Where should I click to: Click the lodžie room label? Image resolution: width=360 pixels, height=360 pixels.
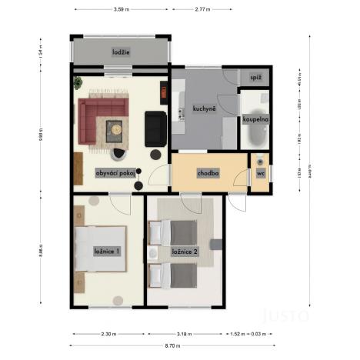click(x=120, y=52)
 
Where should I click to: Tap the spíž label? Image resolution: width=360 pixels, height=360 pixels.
click(x=256, y=78)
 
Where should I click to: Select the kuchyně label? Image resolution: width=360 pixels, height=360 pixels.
click(x=204, y=109)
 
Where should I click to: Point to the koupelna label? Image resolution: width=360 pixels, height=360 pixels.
click(x=255, y=120)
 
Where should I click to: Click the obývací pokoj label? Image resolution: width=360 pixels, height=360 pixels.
click(x=116, y=173)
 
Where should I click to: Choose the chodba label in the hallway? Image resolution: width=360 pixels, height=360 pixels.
click(x=208, y=174)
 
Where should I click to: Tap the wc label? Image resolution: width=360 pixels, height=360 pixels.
click(x=260, y=174)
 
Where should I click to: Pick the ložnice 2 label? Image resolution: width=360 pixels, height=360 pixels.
click(x=186, y=251)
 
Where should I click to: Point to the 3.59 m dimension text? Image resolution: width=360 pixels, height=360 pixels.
click(x=119, y=10)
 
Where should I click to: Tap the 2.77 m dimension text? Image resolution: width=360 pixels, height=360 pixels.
click(x=202, y=10)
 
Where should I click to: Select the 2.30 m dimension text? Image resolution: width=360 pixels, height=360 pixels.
click(x=108, y=334)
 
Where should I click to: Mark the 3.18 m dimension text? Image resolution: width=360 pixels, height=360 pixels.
click(x=185, y=334)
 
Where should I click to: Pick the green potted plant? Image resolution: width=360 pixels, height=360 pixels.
click(x=77, y=82)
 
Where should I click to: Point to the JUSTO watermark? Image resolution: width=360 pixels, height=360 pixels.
click(x=286, y=314)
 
